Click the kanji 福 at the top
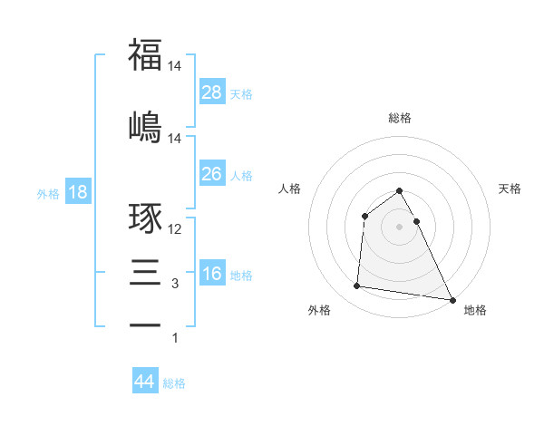coord(145,54)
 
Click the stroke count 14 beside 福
coord(176,67)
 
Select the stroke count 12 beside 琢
coord(176,229)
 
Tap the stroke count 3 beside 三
coord(175,284)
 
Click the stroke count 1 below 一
coord(175,338)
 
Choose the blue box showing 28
coord(212,92)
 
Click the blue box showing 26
coord(212,173)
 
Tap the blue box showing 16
coord(212,273)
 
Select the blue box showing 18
coord(77,192)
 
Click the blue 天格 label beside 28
coord(241,93)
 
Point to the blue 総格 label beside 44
coord(174,383)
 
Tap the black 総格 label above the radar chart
coord(400,118)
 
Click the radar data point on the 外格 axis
coord(356,286)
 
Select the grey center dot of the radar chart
coord(400,226)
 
